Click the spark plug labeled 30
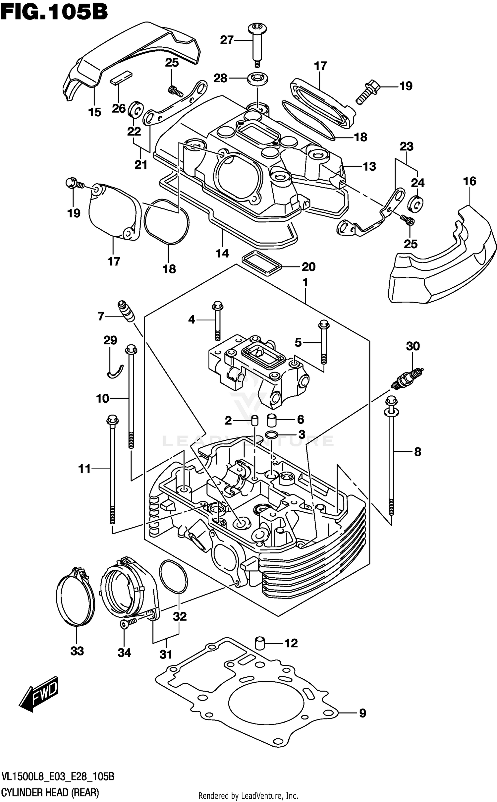pos(407,377)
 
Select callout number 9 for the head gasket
pos(362,713)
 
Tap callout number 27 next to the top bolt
pos(227,40)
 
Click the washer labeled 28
pos(258,79)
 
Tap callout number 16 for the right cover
pos(469,181)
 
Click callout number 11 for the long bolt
pos(84,469)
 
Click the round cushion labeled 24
pos(415,203)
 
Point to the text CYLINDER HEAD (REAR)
pos(50,792)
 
